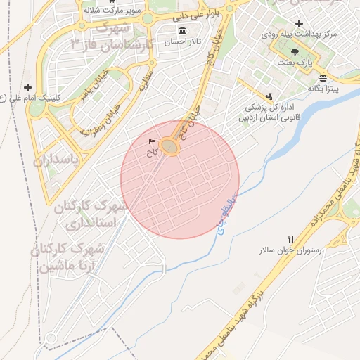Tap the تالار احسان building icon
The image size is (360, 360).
pos(183,30)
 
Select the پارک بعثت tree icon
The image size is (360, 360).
pos(294,51)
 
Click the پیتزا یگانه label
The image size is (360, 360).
pos(324,89)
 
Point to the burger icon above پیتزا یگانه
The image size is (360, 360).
pos(323,77)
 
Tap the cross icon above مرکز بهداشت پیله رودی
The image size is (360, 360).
pos(299,23)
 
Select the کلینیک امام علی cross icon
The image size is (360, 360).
pos(27,87)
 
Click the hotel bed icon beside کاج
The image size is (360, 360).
pos(153,143)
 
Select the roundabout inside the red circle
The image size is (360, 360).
pos(169,146)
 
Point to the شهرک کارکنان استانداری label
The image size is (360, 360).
pos(91,215)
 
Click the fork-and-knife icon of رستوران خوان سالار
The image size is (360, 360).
pos(290,239)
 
